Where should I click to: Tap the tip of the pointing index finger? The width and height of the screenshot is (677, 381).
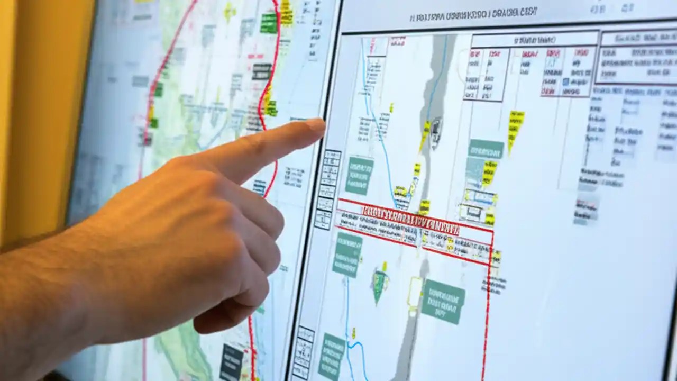[x=319, y=126]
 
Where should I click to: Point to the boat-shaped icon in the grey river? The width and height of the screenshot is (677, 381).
[x=436, y=128]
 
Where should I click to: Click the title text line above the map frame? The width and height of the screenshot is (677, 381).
[x=473, y=15]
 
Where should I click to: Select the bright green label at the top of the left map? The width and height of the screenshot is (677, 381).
[x=269, y=23]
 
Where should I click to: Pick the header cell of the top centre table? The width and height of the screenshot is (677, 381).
[x=534, y=40]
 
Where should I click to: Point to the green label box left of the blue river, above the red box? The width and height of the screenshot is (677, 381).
[x=359, y=175]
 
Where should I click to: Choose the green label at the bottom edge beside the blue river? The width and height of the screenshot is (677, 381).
[x=332, y=355]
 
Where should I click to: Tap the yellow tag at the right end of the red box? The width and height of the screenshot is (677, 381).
[x=496, y=258]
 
